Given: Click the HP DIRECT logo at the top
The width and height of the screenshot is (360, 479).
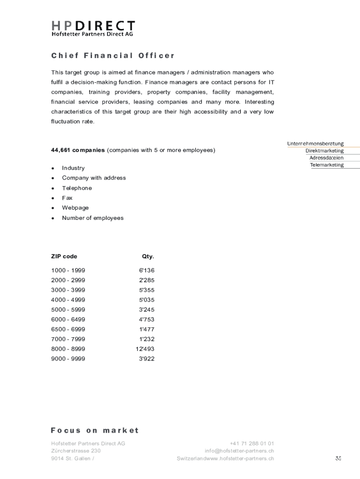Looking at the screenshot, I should pos(93,28).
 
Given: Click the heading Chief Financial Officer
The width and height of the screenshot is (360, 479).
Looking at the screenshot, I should pos(113,56).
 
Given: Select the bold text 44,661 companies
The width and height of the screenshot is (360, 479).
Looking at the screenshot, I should pos(78,150).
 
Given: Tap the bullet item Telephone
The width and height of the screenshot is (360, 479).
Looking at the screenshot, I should pos(77,188).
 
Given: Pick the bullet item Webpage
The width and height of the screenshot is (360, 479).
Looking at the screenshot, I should pos(75,208).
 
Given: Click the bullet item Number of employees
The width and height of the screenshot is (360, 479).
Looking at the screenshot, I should pos(93,218).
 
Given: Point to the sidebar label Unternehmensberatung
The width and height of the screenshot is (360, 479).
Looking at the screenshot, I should pos(315,144).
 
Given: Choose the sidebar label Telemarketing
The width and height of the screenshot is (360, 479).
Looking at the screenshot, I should pos(326,165).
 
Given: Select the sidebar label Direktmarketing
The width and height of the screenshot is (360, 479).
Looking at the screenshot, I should pos(324,151).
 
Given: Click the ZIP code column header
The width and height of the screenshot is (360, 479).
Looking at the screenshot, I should pos(64,256).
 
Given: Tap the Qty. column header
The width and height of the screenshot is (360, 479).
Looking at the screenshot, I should pos(148,256).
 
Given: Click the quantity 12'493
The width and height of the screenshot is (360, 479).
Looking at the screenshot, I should pos(145,349).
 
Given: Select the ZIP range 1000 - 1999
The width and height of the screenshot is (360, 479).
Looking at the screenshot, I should pos(68,270).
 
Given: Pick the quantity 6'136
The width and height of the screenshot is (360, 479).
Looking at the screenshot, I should pos(146,270).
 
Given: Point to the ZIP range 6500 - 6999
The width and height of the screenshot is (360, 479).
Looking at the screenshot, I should pos(68,329).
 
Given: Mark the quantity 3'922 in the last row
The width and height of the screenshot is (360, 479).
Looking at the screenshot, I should pos(146,359).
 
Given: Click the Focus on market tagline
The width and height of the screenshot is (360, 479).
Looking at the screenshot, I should pos(95,430).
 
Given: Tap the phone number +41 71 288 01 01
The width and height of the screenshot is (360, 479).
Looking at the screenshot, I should pos(252,443).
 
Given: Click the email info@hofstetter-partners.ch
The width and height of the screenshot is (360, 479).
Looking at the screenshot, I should pos(239,451).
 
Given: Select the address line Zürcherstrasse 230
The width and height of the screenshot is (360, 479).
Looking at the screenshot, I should pos(76,451).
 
